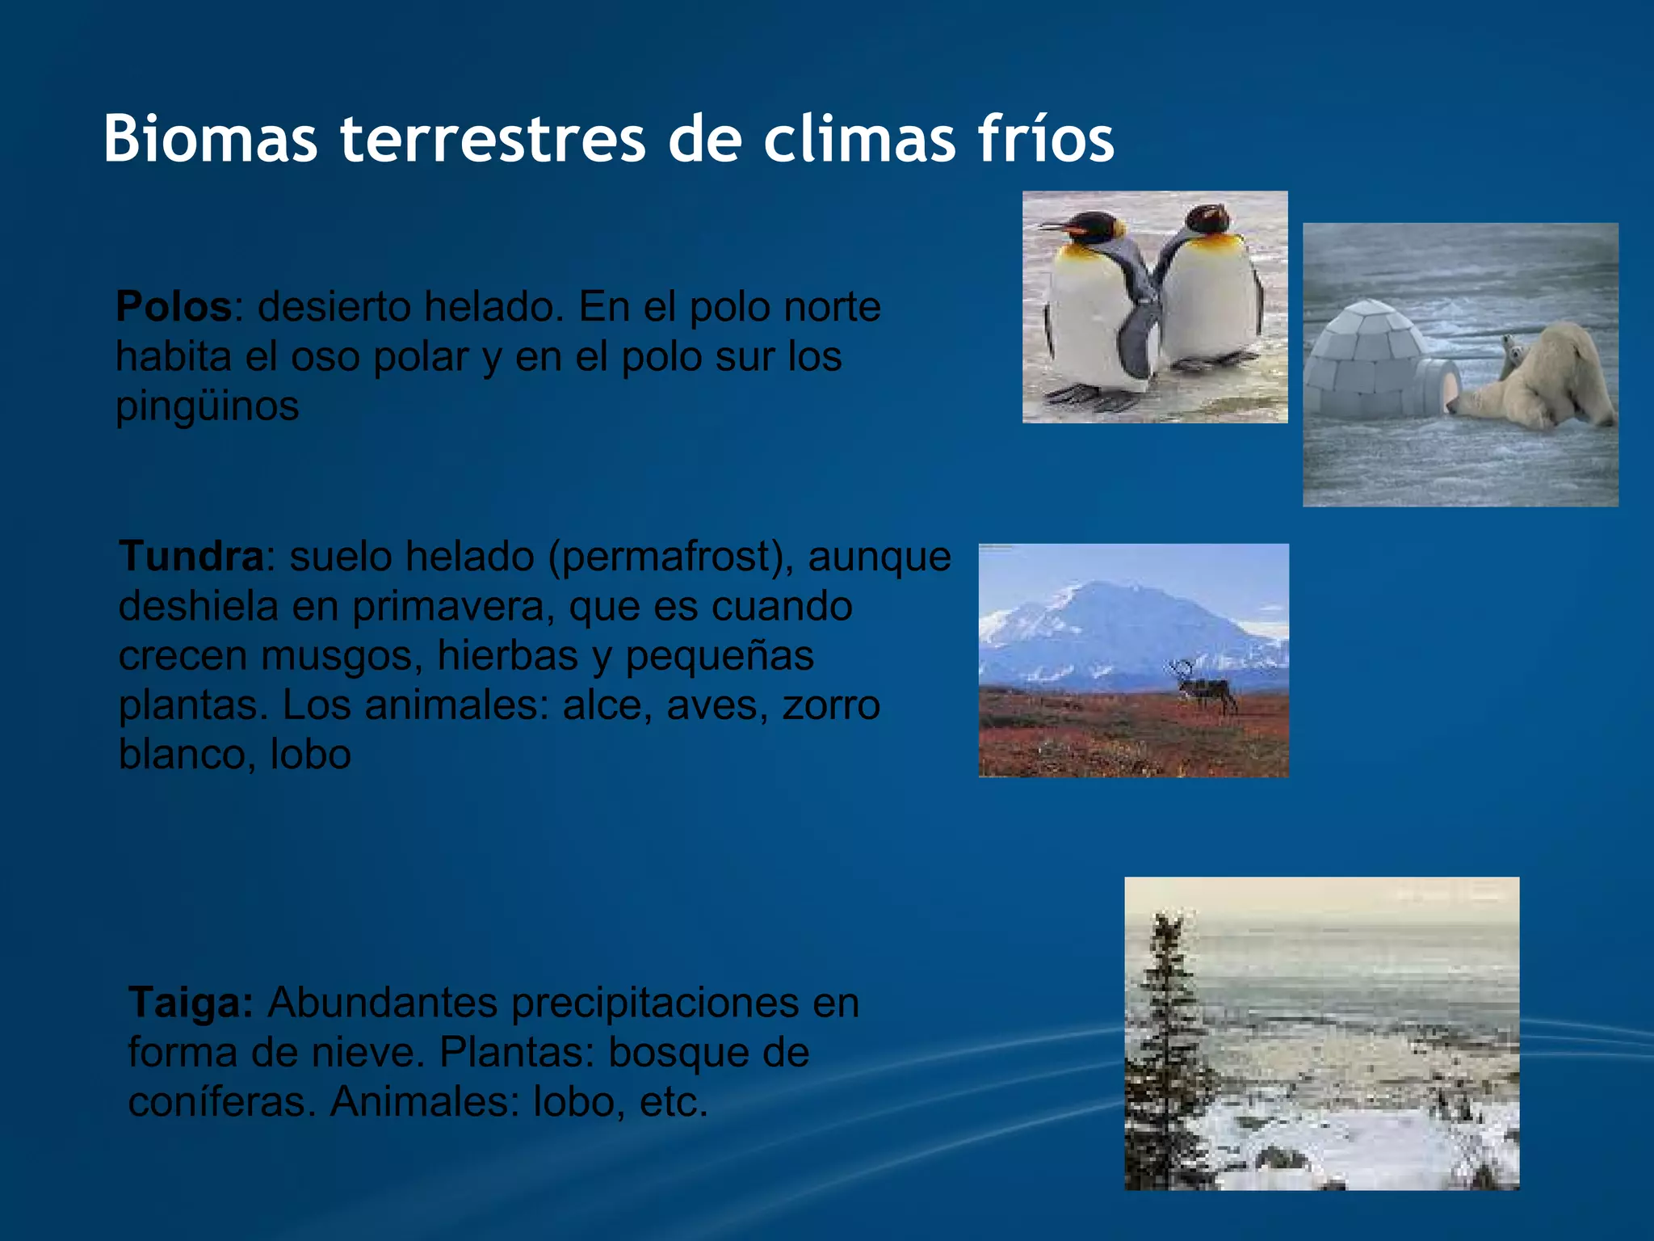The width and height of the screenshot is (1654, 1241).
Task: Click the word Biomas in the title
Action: click(x=210, y=139)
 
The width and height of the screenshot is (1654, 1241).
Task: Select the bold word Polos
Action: click(x=174, y=307)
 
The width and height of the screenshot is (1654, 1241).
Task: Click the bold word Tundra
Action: click(x=191, y=557)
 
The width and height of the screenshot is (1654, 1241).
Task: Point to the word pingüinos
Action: click(x=208, y=406)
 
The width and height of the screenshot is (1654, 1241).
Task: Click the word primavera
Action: click(x=453, y=606)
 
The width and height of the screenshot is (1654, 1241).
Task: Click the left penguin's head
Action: click(x=1090, y=227)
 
